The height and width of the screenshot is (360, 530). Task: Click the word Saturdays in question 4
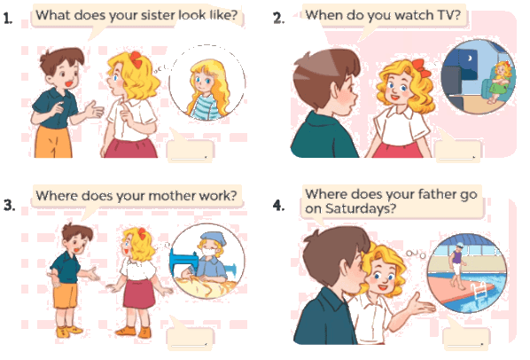[360, 208]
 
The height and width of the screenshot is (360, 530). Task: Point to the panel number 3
[9, 205]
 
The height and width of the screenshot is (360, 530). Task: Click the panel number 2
[278, 18]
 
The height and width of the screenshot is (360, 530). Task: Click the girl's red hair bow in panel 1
[136, 59]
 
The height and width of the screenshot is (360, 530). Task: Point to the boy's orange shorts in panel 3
[66, 295]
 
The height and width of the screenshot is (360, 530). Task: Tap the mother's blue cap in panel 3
[213, 239]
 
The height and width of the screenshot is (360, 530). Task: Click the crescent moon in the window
[470, 59]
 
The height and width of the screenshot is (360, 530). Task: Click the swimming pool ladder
[479, 290]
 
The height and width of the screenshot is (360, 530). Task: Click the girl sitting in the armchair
[500, 82]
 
